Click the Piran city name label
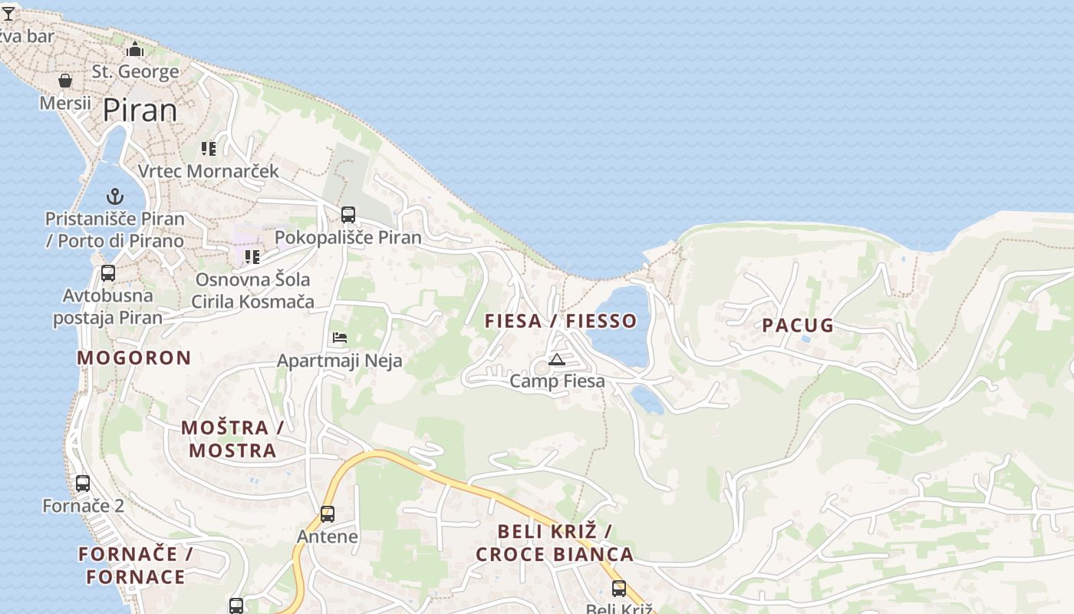point(140,111)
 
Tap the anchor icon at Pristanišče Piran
point(115,196)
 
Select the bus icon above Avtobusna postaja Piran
point(108,273)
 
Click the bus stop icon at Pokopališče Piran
point(348,215)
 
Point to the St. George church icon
point(136,50)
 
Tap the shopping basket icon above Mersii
point(65,81)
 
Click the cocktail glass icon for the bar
point(8,14)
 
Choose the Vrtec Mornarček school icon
point(209,148)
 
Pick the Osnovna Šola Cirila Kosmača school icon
point(252,256)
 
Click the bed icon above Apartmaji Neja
point(340,338)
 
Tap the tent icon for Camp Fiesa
point(557,359)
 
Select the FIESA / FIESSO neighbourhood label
point(560,321)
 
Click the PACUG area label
point(798,325)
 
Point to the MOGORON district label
point(134,358)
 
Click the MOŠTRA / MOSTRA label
point(232,439)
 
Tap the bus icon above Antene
point(328,513)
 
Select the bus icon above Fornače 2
point(83,484)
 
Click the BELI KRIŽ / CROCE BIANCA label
point(555,543)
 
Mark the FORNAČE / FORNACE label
point(135,566)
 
